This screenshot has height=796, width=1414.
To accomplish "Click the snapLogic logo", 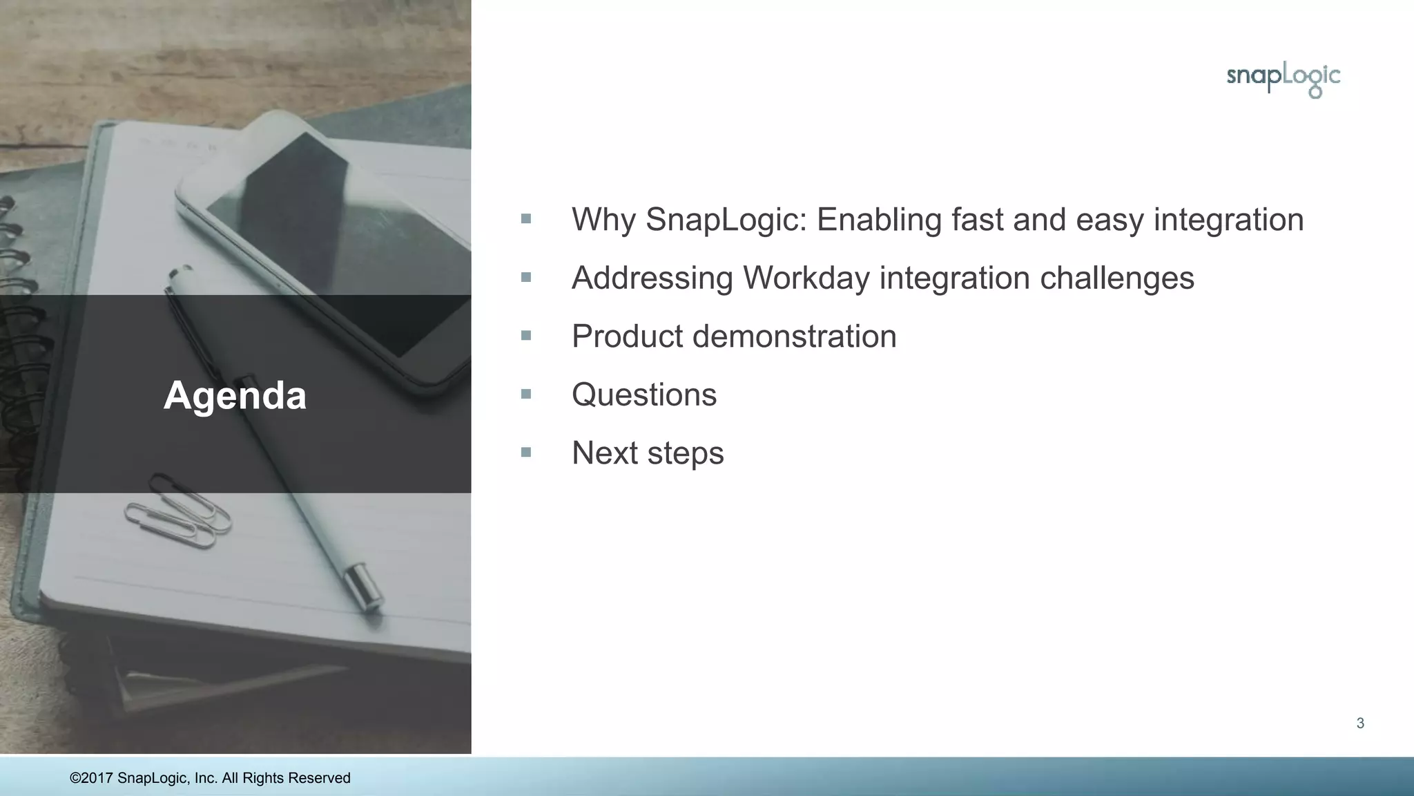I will (x=1283, y=79).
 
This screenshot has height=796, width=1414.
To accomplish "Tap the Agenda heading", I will (x=235, y=395).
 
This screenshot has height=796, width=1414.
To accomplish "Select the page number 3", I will (x=1360, y=723).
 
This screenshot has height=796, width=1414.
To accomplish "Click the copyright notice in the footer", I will (x=210, y=778).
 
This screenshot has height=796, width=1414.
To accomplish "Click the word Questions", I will (x=644, y=395).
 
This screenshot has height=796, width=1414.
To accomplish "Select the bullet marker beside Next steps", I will (x=526, y=453).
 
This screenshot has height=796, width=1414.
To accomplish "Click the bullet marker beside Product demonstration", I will (x=526, y=336).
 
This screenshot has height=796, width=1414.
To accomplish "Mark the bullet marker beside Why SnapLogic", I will (x=526, y=219).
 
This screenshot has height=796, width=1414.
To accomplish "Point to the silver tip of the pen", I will (x=365, y=587).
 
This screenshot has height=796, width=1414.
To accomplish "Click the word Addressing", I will (x=652, y=278).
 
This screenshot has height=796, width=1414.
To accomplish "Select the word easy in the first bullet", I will (x=1110, y=220).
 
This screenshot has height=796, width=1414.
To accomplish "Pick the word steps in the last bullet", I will (x=685, y=454).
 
